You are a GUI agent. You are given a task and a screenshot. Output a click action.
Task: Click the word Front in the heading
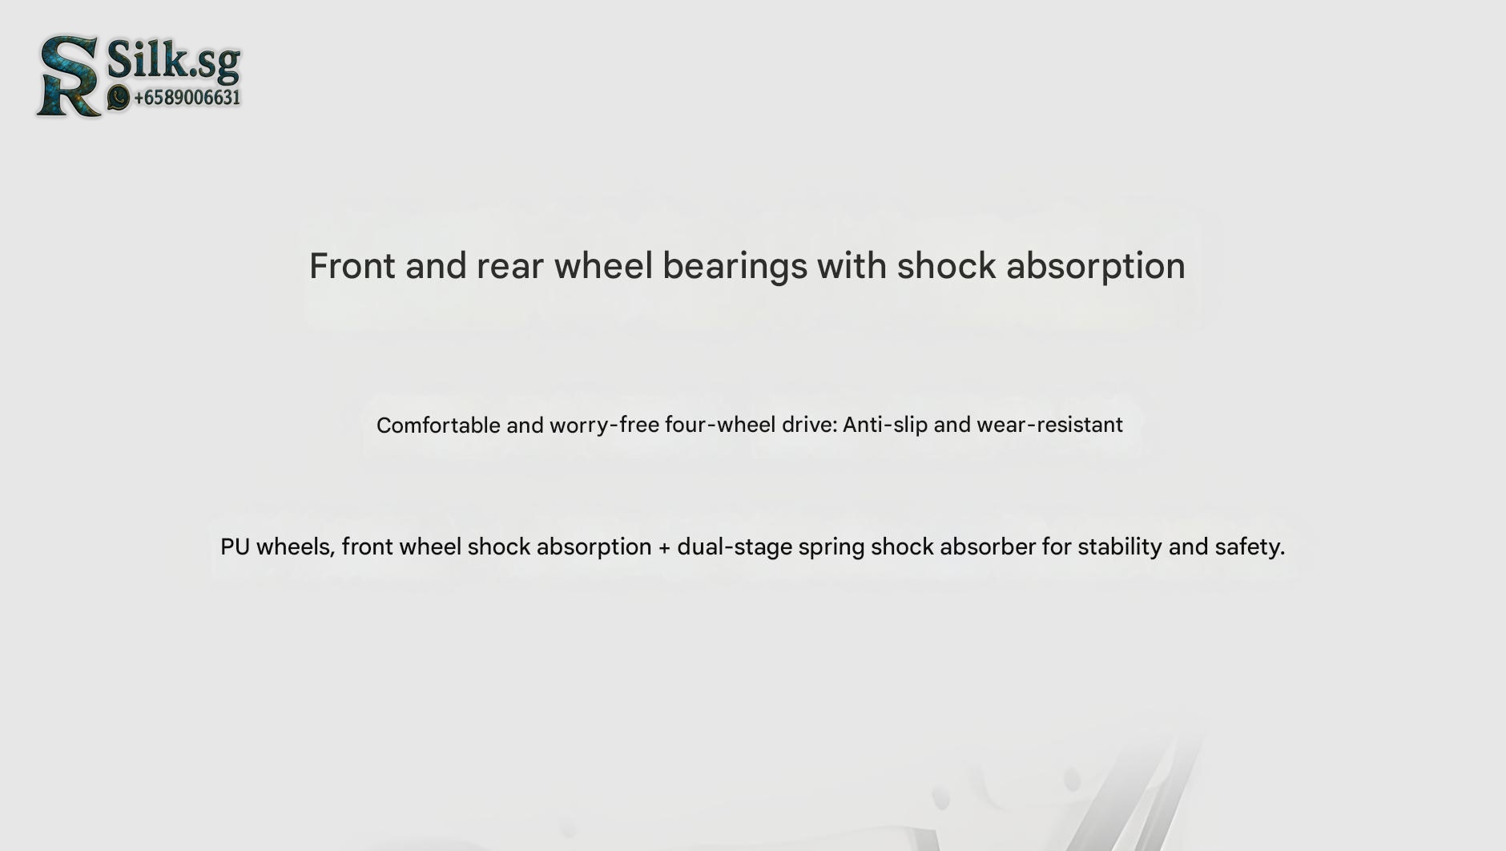[352, 266]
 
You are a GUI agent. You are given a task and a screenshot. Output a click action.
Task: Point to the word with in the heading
[852, 265]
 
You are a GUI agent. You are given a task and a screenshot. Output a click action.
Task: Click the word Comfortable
[438, 425]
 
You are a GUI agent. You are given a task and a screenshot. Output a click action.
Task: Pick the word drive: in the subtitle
[810, 425]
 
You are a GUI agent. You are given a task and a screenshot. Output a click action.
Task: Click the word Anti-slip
[885, 425]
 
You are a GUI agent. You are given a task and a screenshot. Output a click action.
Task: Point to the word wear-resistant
[1049, 425]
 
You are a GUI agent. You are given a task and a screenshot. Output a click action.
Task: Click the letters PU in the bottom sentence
[235, 546]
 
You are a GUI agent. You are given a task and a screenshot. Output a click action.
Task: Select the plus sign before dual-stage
[664, 548]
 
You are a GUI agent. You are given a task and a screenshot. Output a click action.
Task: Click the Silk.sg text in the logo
[174, 60]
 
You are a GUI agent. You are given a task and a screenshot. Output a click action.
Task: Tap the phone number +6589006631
[187, 98]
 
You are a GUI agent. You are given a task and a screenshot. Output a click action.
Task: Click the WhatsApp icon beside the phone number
[119, 98]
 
